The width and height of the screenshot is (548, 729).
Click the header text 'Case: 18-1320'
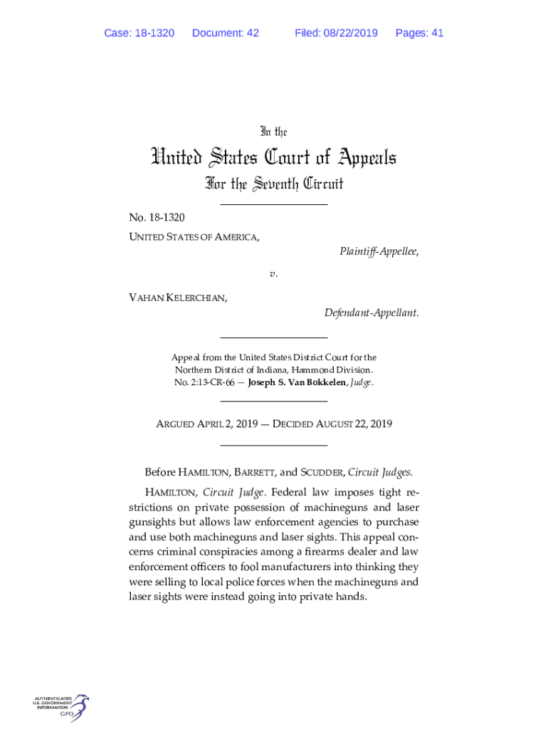[x=139, y=33]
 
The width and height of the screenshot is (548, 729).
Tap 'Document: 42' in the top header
[x=226, y=33]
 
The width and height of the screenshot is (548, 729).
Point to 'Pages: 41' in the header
[x=419, y=33]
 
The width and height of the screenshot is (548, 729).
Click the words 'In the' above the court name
[x=273, y=132]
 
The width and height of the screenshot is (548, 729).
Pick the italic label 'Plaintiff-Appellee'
[x=378, y=251]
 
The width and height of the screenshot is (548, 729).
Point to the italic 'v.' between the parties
[x=273, y=273]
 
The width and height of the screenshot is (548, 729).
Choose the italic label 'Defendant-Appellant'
[x=371, y=313]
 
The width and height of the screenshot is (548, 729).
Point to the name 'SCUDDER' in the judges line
[x=323, y=472]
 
